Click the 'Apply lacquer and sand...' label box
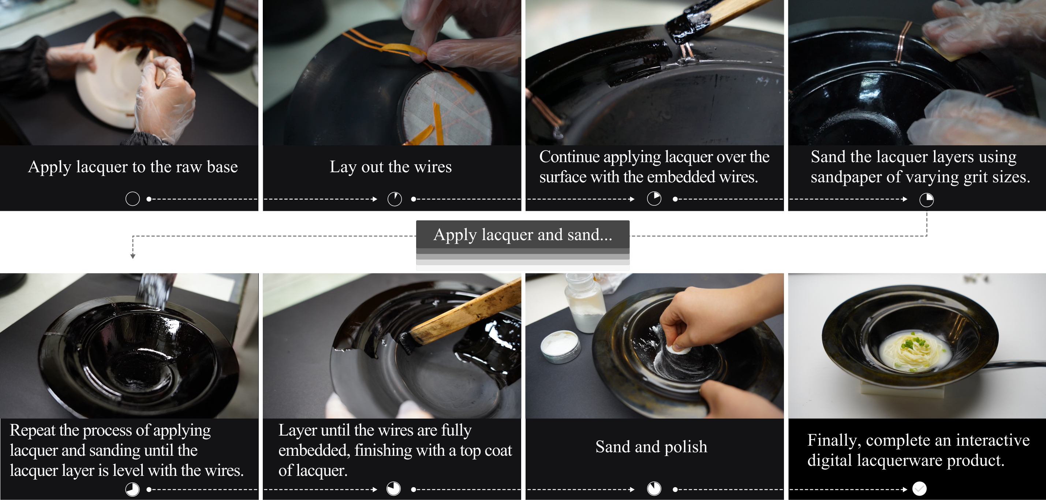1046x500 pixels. (x=523, y=234)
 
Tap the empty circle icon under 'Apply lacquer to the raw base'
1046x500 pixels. (x=132, y=199)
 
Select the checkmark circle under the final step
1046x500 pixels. (x=919, y=488)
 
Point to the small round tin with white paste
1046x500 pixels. (x=560, y=346)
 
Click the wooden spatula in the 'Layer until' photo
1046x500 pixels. (x=463, y=314)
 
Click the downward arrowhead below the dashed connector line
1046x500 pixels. (x=133, y=256)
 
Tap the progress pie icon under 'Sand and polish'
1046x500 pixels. (x=654, y=488)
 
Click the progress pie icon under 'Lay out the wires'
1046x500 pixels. (x=394, y=199)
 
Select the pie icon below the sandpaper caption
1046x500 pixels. (x=926, y=199)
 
